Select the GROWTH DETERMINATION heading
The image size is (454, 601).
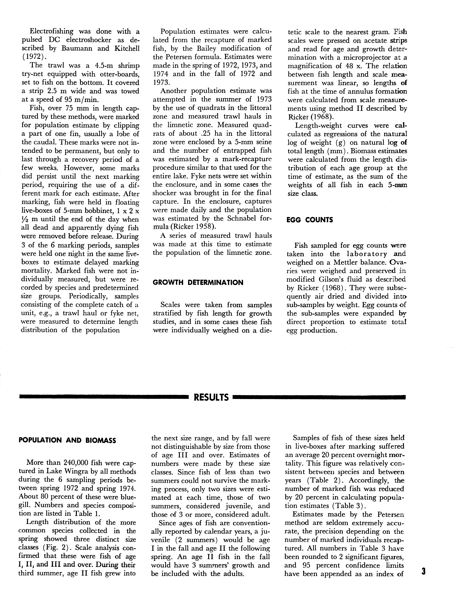coord(198,283)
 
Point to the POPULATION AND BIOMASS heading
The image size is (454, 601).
coord(67,440)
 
